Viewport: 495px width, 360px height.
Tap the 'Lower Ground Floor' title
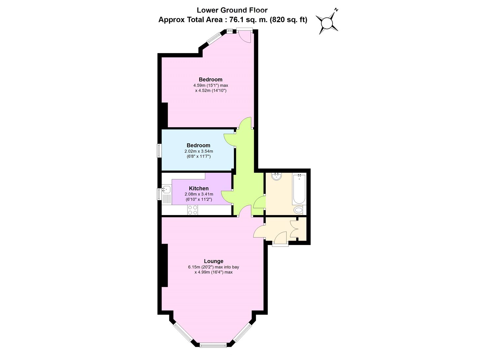tap(232, 10)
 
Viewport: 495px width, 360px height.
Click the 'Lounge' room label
tap(214, 261)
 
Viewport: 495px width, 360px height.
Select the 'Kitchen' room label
tap(199, 188)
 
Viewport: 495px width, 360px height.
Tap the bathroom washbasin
tap(276, 177)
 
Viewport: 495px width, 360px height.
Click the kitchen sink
tap(166, 190)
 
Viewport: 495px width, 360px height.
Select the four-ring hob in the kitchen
tap(192, 210)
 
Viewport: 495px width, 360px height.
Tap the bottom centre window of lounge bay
tap(213, 345)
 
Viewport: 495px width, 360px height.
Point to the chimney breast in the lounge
tap(165, 266)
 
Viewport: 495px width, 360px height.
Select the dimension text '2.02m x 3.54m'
tap(199, 151)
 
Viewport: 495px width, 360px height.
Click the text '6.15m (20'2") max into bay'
tap(214, 267)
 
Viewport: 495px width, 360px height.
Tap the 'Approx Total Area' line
tap(232, 20)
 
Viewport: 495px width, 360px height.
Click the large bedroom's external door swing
tap(245, 37)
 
